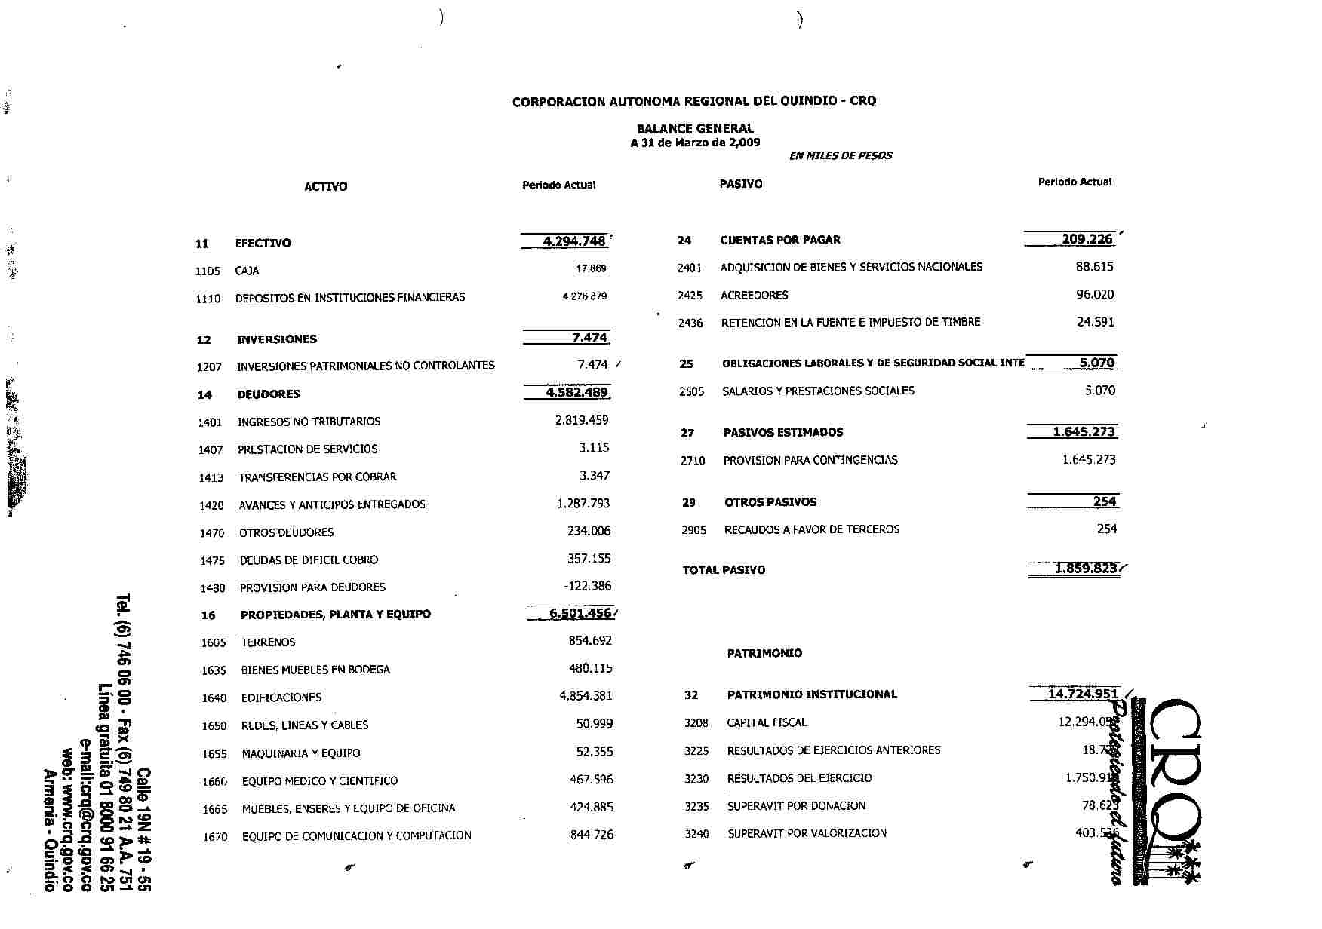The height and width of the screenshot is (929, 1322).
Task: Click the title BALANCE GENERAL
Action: [694, 128]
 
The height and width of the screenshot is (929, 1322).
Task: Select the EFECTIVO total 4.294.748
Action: [574, 241]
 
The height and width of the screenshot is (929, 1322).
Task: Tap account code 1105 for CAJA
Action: [208, 271]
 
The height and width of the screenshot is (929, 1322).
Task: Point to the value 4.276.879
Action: [584, 296]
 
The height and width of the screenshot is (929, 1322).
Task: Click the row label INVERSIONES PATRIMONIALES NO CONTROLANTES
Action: [366, 366]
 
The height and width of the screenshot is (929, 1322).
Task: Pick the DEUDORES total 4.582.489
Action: [577, 392]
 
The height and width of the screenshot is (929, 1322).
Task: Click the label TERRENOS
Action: [268, 642]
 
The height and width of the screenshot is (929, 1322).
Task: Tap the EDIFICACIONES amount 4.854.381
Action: [586, 696]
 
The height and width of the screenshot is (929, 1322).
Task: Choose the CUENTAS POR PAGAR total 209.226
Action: [1087, 239]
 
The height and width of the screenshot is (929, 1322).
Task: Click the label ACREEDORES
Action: [754, 295]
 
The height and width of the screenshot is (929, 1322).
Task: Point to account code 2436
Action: [690, 323]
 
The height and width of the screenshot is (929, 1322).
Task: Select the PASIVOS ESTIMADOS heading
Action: [782, 432]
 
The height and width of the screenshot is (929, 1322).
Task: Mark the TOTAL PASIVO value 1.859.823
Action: [1085, 569]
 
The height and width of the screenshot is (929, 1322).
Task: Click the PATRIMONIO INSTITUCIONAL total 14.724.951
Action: [1083, 694]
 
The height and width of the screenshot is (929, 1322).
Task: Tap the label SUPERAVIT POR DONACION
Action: [796, 806]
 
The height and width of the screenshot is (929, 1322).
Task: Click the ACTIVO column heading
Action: [325, 186]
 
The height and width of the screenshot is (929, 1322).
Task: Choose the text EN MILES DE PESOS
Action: [840, 156]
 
